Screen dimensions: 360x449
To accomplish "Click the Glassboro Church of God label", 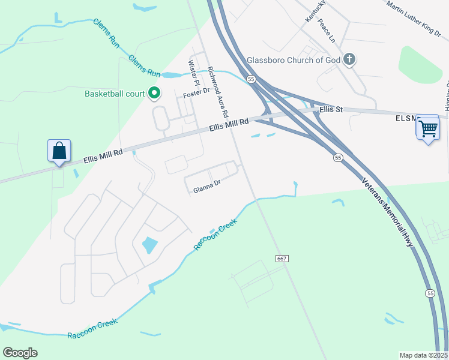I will pyautogui.click(x=294, y=60).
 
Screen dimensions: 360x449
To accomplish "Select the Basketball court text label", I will pyautogui.click(x=115, y=94).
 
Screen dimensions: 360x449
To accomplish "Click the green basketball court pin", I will pyautogui.click(x=154, y=93).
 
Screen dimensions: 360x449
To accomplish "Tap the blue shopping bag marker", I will pyautogui.click(x=59, y=151).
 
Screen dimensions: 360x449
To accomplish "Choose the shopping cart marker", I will pyautogui.click(x=427, y=128).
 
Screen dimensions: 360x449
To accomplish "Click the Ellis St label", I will pyautogui.click(x=331, y=110).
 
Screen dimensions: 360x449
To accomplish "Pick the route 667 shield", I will pyautogui.click(x=282, y=258).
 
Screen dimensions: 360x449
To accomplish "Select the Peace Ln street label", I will pyautogui.click(x=327, y=31).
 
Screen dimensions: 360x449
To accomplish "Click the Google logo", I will pyautogui.click(x=20, y=352).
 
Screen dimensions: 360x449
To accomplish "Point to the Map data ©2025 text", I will pyautogui.click(x=423, y=355).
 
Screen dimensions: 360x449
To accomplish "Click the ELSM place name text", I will pyautogui.click(x=405, y=118).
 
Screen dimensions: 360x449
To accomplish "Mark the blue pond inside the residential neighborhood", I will pyautogui.click(x=148, y=245).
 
